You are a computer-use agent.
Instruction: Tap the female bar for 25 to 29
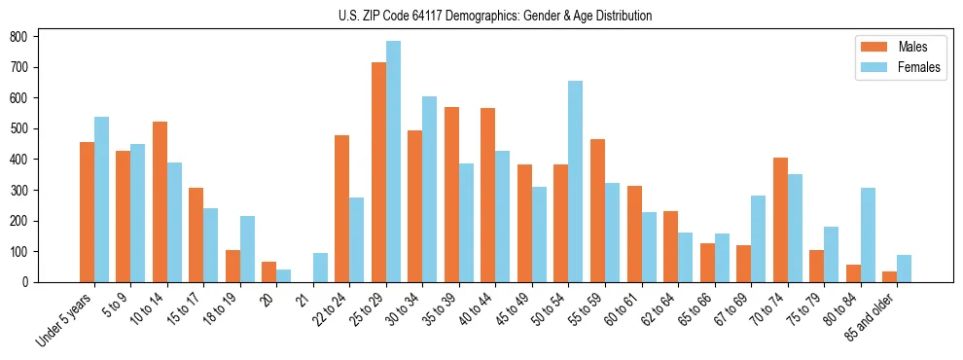tap(393, 162)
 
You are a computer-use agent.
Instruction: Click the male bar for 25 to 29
tap(378, 172)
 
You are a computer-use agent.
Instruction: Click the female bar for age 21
tap(320, 268)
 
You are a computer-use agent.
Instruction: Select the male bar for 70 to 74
tap(780, 220)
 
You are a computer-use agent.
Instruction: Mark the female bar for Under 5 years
tap(101, 199)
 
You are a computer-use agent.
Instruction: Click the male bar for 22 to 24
tap(342, 209)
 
